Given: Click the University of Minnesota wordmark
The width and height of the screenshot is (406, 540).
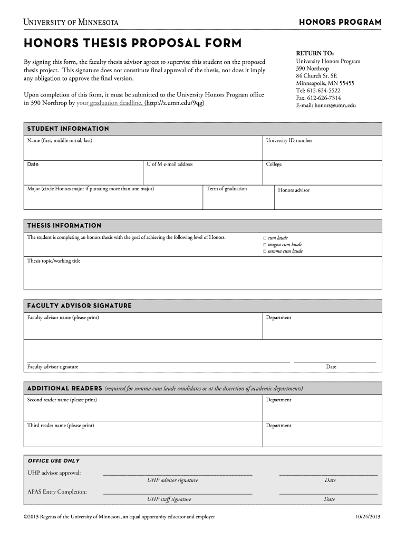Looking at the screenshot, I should click(x=71, y=22).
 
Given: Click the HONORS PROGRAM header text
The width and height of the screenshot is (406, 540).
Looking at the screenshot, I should click(x=340, y=22).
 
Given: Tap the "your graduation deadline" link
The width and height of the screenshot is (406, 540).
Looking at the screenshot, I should click(x=109, y=103).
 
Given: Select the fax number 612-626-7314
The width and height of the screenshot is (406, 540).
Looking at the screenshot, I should click(x=318, y=98).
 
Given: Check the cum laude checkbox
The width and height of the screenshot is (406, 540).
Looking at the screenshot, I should click(x=265, y=238).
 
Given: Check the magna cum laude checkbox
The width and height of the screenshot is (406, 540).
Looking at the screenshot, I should click(x=265, y=245).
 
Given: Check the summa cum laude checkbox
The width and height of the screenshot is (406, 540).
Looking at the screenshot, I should click(x=265, y=252).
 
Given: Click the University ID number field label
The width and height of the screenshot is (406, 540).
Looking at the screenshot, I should click(x=289, y=141).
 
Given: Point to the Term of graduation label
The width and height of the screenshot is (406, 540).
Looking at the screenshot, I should click(x=226, y=189).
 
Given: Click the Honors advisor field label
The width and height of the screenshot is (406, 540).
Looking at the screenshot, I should click(x=294, y=190).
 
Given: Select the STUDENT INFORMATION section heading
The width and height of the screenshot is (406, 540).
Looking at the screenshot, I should click(x=68, y=129).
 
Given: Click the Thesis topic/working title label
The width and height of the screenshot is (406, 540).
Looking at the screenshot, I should click(x=54, y=261).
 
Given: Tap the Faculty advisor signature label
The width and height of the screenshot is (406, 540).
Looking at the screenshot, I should click(x=53, y=367).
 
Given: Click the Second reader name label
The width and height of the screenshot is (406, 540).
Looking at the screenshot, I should click(x=62, y=400).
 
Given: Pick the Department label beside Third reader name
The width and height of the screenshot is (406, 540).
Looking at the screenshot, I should click(x=278, y=426).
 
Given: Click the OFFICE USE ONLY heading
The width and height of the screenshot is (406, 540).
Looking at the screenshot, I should click(x=53, y=461).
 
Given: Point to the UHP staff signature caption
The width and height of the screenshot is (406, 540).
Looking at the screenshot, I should click(x=169, y=499).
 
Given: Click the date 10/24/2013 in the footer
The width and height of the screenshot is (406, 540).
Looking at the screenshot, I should click(x=368, y=517).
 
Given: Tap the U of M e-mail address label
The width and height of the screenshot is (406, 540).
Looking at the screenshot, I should click(x=170, y=164).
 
